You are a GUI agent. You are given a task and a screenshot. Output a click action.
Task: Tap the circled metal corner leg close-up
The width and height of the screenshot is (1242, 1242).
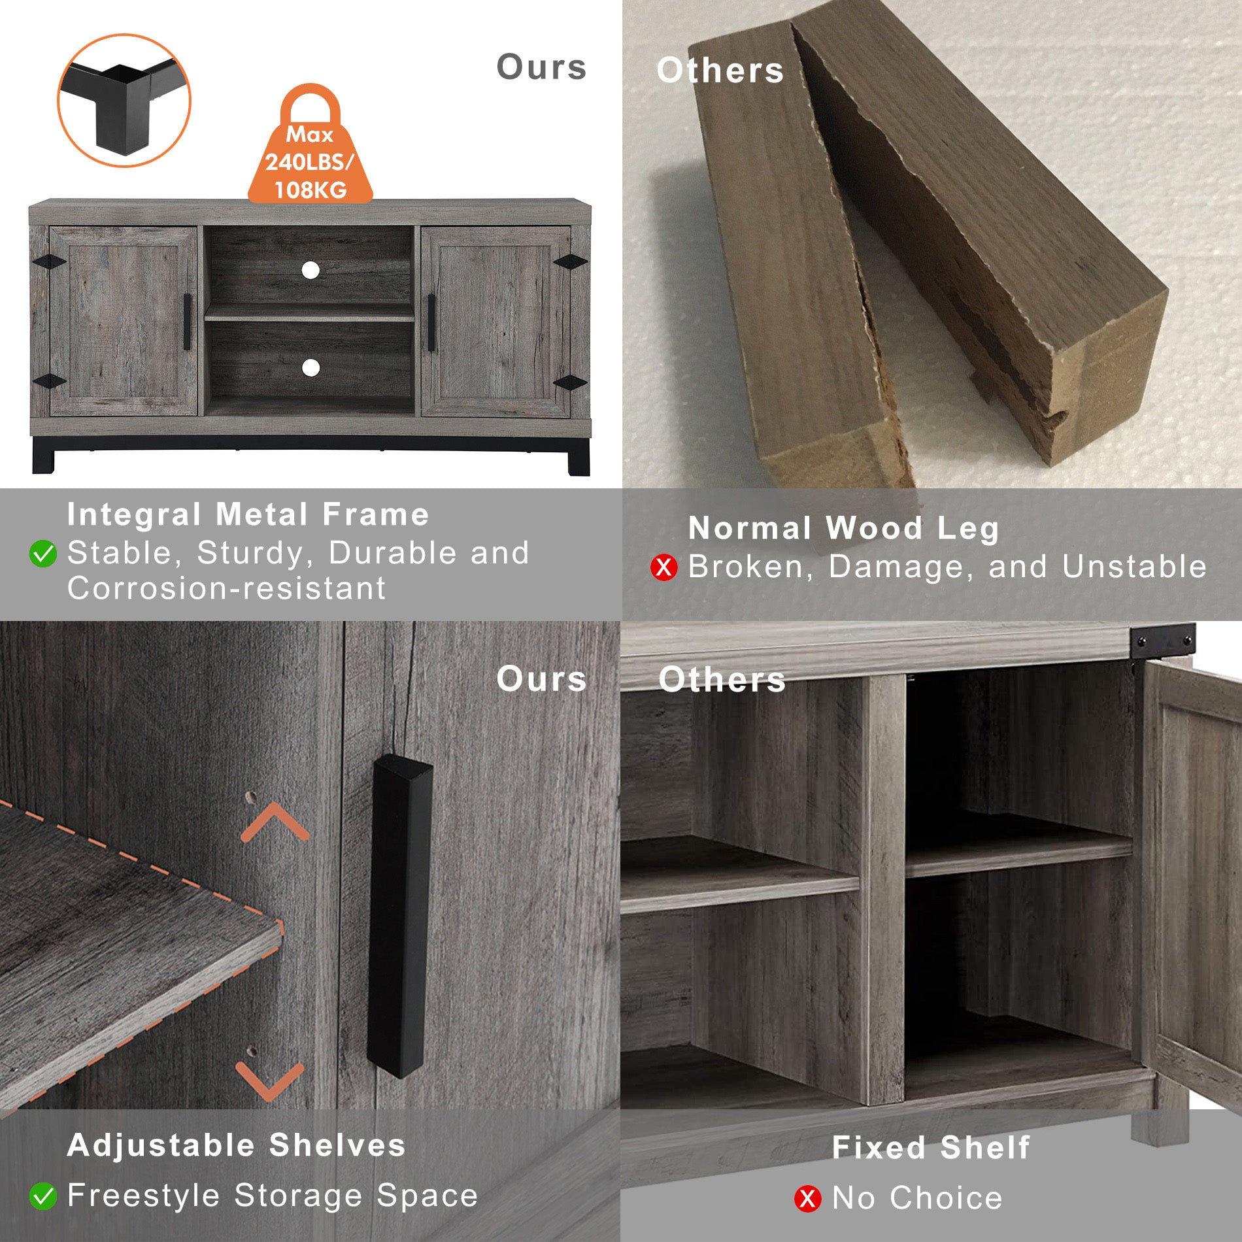click(x=124, y=100)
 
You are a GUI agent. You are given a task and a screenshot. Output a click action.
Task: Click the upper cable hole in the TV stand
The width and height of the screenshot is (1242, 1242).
click(x=310, y=270)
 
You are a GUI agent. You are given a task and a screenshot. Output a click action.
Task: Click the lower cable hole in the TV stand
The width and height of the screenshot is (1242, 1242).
click(x=310, y=367)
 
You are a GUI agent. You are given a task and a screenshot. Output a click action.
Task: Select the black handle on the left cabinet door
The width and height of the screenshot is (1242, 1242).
click(x=188, y=322)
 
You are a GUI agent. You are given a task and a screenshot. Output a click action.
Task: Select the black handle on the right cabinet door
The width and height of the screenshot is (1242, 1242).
click(x=431, y=322)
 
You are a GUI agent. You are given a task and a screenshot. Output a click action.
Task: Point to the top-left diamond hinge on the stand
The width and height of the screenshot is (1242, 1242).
click(x=50, y=261)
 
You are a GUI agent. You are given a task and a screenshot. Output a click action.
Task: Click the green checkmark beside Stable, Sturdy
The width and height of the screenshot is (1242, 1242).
click(x=43, y=554)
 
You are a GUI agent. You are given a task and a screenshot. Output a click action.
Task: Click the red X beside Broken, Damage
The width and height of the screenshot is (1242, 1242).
click(x=663, y=567)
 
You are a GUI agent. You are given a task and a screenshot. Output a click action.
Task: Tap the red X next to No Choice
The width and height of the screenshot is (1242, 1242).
click(x=807, y=1198)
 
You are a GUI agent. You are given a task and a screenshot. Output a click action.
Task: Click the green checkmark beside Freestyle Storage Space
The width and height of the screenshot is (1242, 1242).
click(x=43, y=1196)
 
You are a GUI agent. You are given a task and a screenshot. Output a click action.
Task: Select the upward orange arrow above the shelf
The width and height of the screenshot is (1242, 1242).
click(x=275, y=822)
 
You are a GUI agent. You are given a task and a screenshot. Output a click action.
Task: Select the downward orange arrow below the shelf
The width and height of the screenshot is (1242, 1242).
click(x=269, y=1081)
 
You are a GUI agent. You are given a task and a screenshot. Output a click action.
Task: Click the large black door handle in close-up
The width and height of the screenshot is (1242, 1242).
click(x=399, y=915)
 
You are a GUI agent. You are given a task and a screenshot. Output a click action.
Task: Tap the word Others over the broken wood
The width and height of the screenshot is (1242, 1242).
click(x=720, y=71)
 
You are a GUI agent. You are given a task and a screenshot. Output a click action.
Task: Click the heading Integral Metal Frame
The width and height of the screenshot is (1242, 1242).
click(x=248, y=514)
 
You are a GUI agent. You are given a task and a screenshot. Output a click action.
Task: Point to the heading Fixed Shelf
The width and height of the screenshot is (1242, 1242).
click(x=931, y=1147)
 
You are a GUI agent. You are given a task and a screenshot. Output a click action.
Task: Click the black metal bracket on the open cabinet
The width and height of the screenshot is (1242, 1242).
click(x=1162, y=641)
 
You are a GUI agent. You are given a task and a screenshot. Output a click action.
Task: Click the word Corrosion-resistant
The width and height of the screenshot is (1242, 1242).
click(x=226, y=588)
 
